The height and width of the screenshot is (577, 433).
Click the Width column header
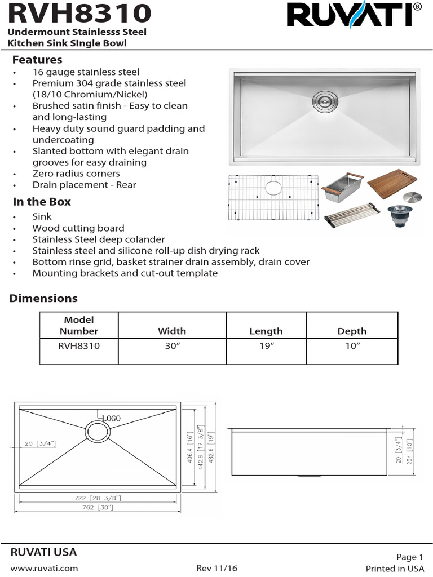[171, 331]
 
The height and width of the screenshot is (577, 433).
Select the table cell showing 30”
[171, 346]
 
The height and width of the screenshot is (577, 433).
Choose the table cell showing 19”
[266, 346]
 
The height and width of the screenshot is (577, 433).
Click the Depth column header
[352, 331]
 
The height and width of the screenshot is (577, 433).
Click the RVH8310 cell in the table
[79, 346]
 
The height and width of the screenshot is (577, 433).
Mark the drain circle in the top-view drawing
[97, 433]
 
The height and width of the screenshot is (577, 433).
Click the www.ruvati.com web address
[44, 568]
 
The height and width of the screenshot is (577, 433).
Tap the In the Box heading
[42, 202]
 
